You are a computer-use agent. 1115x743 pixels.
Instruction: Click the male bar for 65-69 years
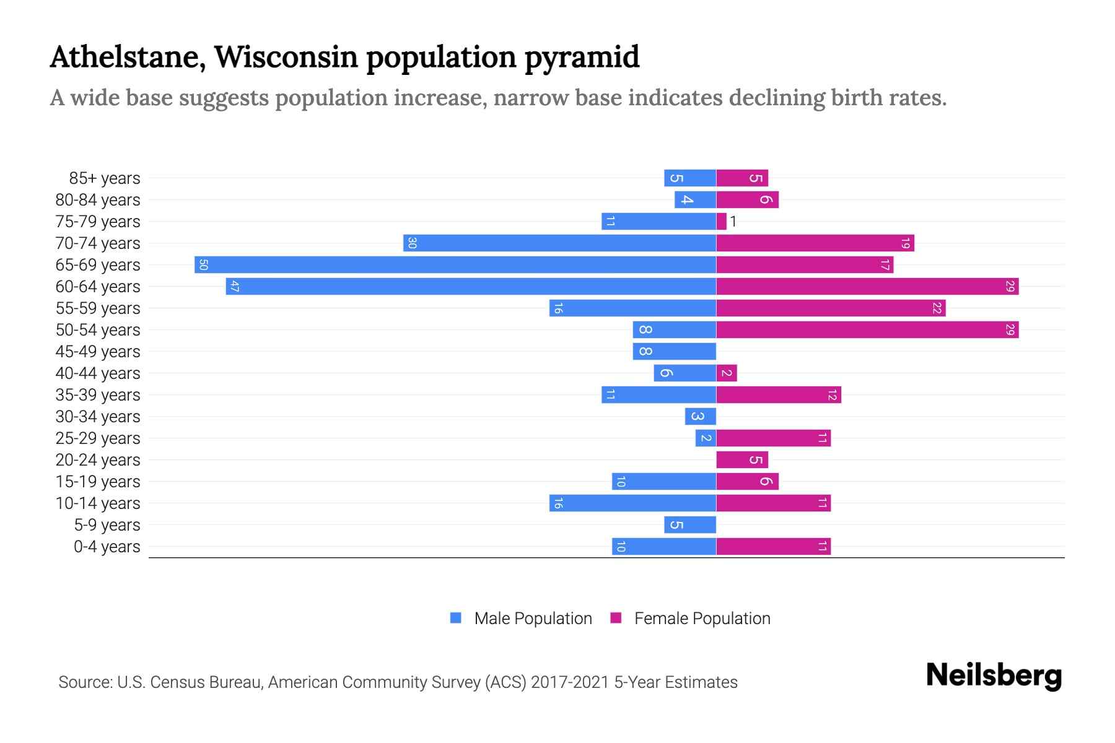click(x=455, y=265)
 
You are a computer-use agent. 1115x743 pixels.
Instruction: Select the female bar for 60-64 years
click(x=867, y=287)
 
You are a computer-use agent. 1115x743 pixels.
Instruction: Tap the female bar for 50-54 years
click(x=867, y=330)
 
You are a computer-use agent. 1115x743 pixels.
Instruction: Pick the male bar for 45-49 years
click(x=675, y=352)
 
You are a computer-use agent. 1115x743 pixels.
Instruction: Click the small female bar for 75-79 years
click(x=721, y=222)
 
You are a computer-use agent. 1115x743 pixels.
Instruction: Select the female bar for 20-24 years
click(x=742, y=460)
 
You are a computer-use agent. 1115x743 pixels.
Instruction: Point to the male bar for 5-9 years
click(x=690, y=525)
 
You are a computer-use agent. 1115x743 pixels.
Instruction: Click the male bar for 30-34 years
click(x=701, y=417)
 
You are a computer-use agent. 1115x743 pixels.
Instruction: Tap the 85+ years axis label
click(x=105, y=178)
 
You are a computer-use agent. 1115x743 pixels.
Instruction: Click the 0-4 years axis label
click(x=107, y=547)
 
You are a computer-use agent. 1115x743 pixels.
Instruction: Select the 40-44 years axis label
click(x=98, y=373)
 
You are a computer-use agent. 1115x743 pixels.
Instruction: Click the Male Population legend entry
click(x=533, y=619)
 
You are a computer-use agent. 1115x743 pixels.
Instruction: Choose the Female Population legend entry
click(x=702, y=619)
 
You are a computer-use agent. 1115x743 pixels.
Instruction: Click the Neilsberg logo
click(x=994, y=676)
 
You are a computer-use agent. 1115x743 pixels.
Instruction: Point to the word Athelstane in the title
click(x=127, y=57)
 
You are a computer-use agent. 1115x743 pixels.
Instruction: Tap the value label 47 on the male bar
click(x=234, y=287)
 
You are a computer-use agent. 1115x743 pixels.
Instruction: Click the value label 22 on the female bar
click(x=937, y=308)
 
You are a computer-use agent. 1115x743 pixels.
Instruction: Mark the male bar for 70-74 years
click(x=559, y=243)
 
